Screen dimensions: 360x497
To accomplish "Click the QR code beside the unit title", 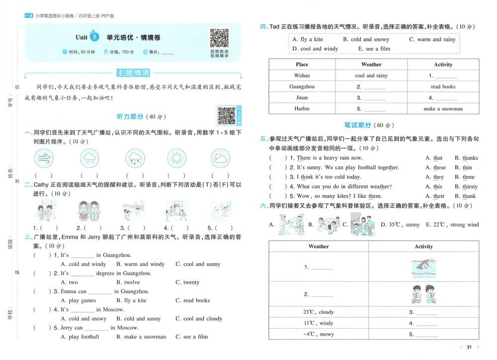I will click(219, 38).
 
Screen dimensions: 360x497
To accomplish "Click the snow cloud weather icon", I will click(135, 159).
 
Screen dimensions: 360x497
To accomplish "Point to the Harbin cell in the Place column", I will click(302, 108).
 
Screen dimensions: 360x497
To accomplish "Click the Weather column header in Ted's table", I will click(371, 64).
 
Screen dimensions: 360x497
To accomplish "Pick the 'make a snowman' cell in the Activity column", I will click(443, 108).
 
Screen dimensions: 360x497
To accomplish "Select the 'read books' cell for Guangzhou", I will click(443, 87).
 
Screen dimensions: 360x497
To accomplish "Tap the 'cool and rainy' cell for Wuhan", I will click(371, 76).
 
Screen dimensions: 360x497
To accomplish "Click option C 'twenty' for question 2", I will click(187, 282).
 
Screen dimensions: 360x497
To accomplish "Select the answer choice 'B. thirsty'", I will click(466, 186).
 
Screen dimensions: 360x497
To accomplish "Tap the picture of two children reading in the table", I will click(423, 294).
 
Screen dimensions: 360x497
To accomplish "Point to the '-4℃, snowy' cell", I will click(319, 334).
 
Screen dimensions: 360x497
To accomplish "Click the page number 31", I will click(469, 347).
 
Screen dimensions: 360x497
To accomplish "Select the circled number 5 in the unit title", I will click(95, 37).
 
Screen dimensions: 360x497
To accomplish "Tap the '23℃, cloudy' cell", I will click(319, 312).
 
